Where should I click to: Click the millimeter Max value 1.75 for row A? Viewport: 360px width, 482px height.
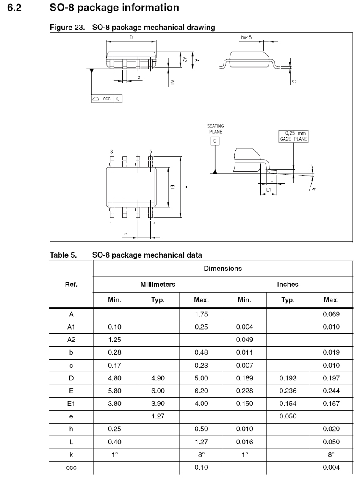point(201,315)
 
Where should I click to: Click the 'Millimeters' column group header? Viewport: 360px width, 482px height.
point(158,284)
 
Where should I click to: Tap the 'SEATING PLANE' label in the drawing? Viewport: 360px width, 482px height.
point(215,129)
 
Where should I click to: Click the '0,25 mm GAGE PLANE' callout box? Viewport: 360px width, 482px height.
point(293,136)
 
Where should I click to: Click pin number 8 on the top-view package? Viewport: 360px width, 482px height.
point(111,151)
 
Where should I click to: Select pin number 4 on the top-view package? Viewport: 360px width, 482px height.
point(155,223)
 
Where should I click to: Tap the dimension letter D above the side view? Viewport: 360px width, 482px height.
point(131,38)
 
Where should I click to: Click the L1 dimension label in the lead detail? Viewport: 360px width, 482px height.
point(268,190)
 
